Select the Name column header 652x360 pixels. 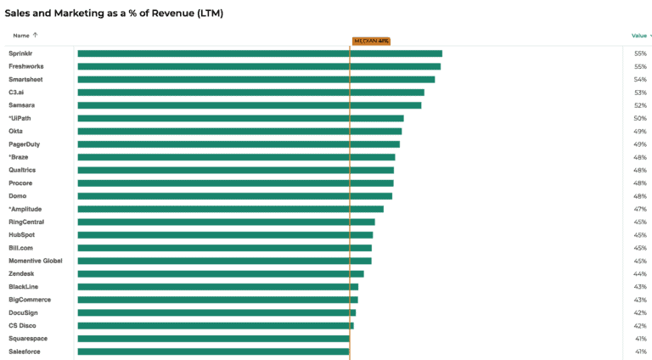pos(21,36)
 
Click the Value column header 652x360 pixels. pos(639,36)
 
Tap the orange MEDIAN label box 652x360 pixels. pos(371,41)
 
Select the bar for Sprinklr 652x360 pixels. pos(260,53)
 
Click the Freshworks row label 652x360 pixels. pos(25,66)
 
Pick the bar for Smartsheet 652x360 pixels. pos(256,79)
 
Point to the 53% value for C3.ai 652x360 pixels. pos(640,93)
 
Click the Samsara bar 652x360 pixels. pos(249,105)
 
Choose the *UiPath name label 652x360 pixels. pos(20,118)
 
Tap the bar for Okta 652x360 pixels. pos(239,132)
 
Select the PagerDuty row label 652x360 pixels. pos(25,144)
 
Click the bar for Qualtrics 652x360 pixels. pos(235,170)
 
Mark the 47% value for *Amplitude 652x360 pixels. pos(640,209)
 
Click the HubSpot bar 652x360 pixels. pos(225,235)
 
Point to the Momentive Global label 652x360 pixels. pos(35,261)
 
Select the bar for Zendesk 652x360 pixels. pos(221,273)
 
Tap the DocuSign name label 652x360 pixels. pos(24,312)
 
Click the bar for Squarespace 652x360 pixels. pos(213,339)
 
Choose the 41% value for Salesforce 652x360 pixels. pos(640,352)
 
